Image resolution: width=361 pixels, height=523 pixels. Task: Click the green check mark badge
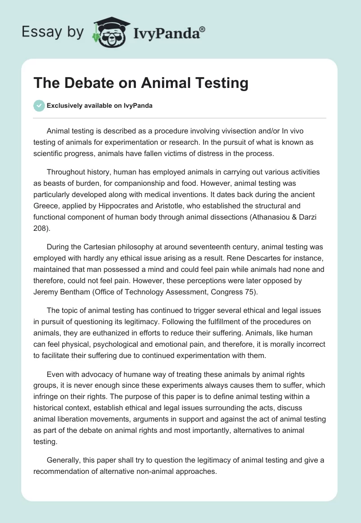click(x=39, y=106)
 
